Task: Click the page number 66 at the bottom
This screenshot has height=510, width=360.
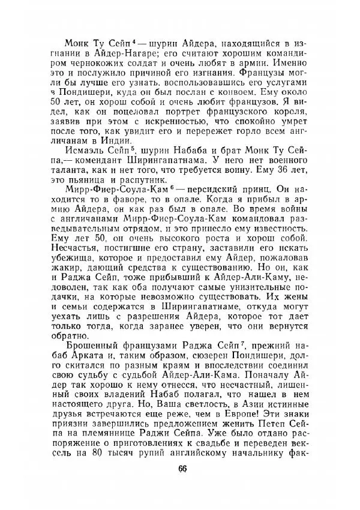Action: (x=182, y=469)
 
